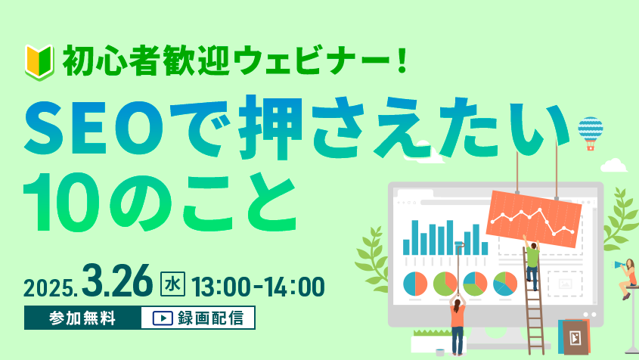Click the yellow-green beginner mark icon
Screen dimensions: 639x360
click(39, 62)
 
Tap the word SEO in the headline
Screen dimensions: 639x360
click(94, 128)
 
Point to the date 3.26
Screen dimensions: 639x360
click(117, 280)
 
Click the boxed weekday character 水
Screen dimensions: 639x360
click(172, 284)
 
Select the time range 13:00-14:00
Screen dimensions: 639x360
click(258, 286)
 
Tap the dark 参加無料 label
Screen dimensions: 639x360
click(82, 318)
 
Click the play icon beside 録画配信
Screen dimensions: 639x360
click(163, 318)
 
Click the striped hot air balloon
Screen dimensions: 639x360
click(591, 133)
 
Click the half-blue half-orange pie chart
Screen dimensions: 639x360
click(415, 284)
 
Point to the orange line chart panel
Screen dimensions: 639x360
click(534, 219)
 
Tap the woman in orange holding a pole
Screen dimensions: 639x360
click(458, 324)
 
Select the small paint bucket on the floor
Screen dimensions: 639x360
click(439, 352)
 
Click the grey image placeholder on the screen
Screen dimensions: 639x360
click(565, 284)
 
